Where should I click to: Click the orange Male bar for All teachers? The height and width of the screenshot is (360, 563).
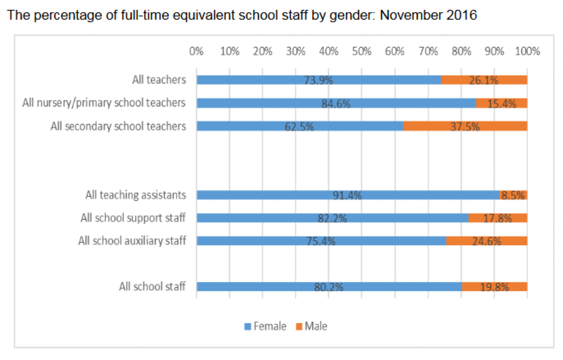[484, 80]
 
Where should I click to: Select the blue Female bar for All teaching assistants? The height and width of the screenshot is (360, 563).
[347, 195]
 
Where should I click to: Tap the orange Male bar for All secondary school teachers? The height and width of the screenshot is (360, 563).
[465, 126]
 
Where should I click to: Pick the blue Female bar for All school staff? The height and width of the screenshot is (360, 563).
[329, 286]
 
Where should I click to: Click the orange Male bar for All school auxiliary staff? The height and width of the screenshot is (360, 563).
[487, 241]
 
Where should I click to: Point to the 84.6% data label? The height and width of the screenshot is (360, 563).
[336, 103]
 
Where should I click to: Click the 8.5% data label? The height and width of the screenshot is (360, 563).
[514, 195]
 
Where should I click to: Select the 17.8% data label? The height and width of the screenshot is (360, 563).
[498, 218]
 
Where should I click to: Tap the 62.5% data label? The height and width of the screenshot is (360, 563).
[300, 126]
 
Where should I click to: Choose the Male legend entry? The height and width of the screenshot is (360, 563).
[311, 326]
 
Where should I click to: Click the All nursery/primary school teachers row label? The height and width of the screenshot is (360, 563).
[104, 103]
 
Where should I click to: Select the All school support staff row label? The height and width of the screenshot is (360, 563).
[133, 218]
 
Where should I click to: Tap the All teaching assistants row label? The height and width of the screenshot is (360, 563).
[135, 195]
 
